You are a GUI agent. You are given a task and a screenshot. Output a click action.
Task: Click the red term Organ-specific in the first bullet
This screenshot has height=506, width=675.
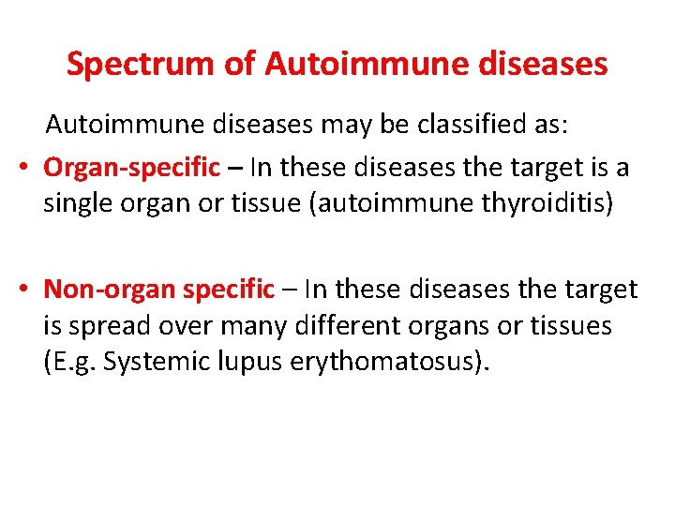(x=131, y=167)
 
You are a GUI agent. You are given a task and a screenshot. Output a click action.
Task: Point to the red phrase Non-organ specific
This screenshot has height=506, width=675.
(x=159, y=289)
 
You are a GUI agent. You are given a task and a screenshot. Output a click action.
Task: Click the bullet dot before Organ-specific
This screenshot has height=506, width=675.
(x=25, y=168)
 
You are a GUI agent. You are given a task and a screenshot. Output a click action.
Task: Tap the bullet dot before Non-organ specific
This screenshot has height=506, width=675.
(x=25, y=290)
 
